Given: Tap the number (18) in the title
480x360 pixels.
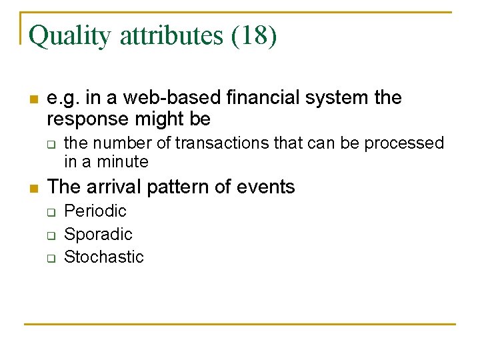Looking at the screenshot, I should (x=253, y=35).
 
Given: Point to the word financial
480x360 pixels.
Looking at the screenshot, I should (x=264, y=98).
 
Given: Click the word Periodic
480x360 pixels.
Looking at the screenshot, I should (x=95, y=211).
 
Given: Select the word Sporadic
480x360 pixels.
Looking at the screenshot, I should (x=98, y=234).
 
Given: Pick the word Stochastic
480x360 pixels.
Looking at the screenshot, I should (x=103, y=257).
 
